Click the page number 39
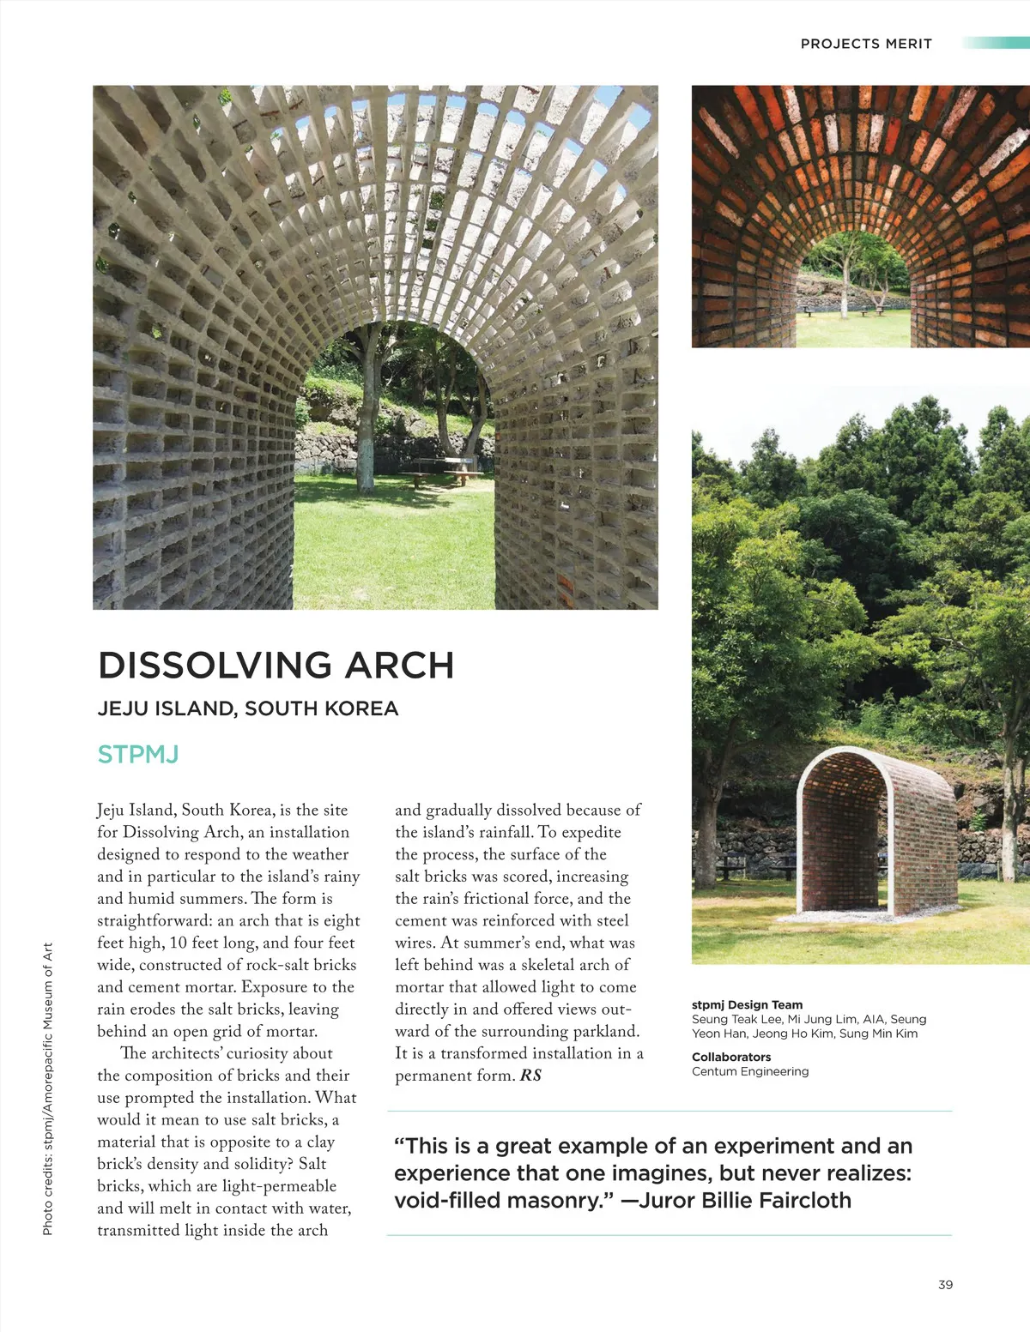[x=945, y=1284]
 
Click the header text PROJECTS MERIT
[x=865, y=44]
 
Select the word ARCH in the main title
[x=399, y=666]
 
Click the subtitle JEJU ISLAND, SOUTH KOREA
[x=248, y=708]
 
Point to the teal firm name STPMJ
[x=137, y=755]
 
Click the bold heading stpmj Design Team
[x=747, y=1004]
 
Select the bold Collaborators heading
[x=731, y=1057]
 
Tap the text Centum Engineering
[x=750, y=1071]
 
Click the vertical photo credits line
[x=48, y=1089]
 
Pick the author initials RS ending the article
[x=530, y=1076]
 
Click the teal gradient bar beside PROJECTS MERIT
[x=996, y=43]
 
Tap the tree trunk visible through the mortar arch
[x=370, y=420]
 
